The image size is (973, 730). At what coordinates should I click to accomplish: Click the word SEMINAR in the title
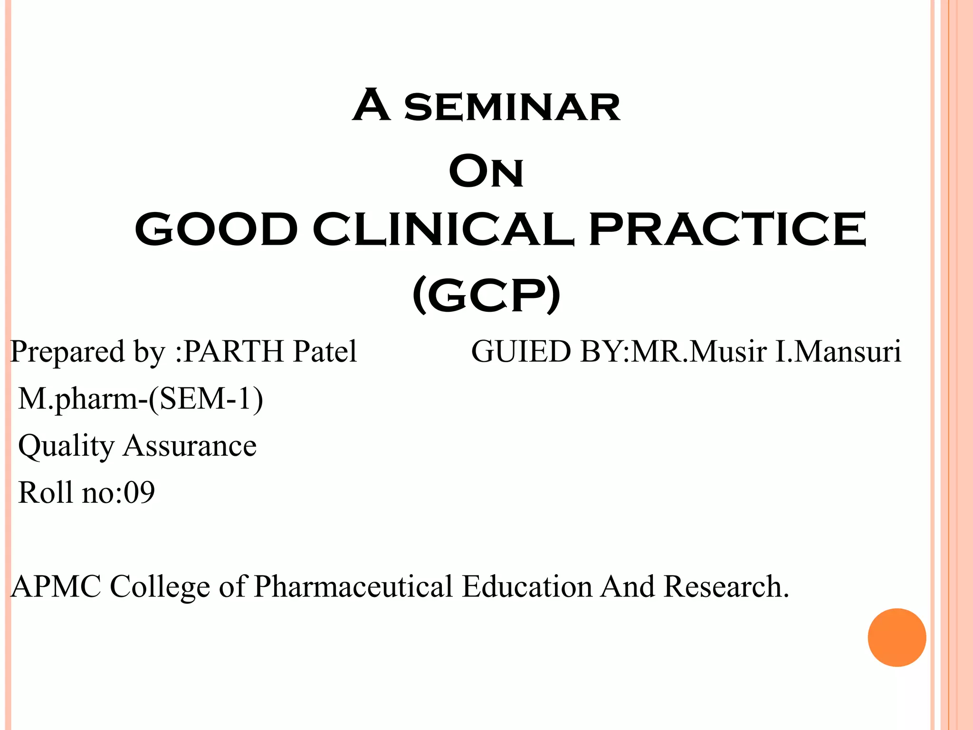click(x=512, y=107)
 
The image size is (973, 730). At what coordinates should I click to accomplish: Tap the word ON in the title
click(x=486, y=172)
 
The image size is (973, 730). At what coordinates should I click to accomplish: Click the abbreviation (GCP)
click(x=486, y=296)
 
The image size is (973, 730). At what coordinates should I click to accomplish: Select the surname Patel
click(x=325, y=352)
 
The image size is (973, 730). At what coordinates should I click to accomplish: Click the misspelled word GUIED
click(x=521, y=352)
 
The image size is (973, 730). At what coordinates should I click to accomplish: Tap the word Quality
click(x=66, y=446)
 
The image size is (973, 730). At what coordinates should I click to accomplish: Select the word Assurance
click(x=190, y=446)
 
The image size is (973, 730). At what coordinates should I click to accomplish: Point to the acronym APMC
click(x=56, y=586)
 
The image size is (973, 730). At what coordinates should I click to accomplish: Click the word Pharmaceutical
click(x=353, y=586)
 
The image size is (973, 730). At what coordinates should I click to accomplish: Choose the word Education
click(x=527, y=586)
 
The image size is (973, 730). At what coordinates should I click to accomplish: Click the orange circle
click(x=897, y=637)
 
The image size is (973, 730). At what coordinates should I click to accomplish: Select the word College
click(x=160, y=587)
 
